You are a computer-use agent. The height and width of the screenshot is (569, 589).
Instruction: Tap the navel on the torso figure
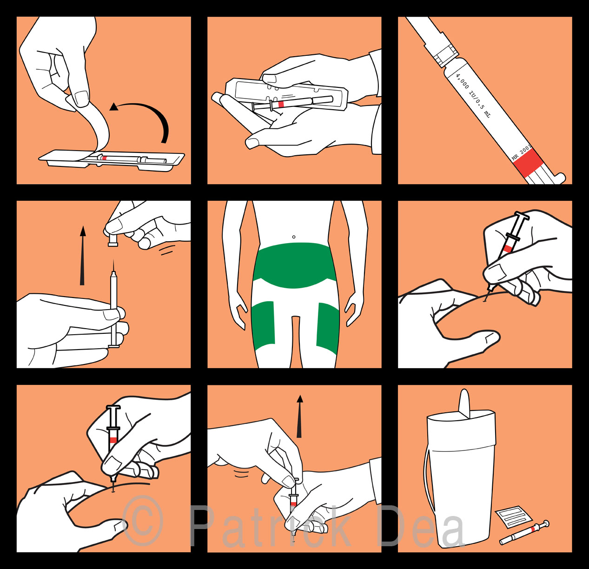[x=294, y=237]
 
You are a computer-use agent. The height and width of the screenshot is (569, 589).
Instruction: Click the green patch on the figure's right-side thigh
[x=327, y=328]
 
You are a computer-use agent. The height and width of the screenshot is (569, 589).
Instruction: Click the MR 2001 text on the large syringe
[x=521, y=153]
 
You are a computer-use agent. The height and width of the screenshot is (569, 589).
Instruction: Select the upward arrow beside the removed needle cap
[x=82, y=255]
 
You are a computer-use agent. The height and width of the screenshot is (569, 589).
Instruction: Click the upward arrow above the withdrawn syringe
[x=299, y=417]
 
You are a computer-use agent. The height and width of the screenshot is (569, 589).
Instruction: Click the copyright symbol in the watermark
[x=143, y=521]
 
